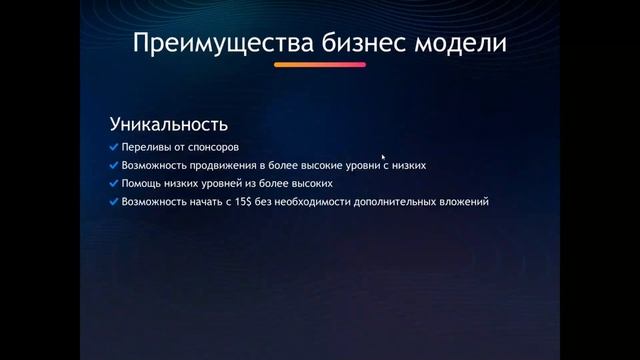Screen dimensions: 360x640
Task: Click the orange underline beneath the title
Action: (320, 66)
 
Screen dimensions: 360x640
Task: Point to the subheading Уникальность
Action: (168, 125)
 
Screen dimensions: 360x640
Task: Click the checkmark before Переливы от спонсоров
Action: (113, 148)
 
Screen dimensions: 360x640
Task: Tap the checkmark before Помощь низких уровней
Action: (113, 184)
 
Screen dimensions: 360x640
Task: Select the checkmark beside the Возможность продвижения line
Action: (113, 166)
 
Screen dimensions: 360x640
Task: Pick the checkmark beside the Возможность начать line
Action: (113, 202)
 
